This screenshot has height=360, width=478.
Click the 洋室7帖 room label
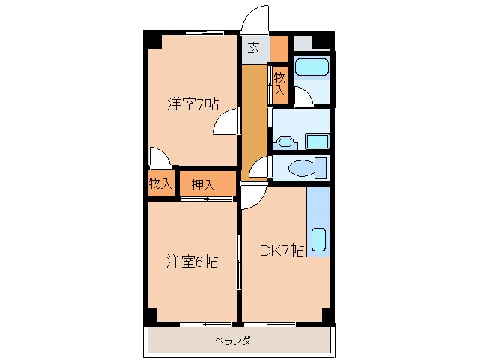point(192,104)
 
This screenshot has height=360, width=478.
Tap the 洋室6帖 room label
point(192,262)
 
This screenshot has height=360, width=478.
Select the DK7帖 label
point(281,251)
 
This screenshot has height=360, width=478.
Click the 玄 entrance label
point(254,49)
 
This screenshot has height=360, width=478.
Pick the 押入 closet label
point(202,185)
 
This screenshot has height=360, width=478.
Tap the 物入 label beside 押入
point(160,183)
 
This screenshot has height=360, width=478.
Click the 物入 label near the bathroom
point(279,82)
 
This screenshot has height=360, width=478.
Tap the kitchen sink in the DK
point(318,239)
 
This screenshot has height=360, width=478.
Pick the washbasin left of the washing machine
point(285,140)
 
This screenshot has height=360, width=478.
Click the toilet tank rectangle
point(321,167)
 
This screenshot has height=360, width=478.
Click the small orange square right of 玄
point(279,48)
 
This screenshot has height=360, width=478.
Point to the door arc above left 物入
point(160,157)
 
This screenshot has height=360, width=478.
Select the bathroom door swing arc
point(304,97)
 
